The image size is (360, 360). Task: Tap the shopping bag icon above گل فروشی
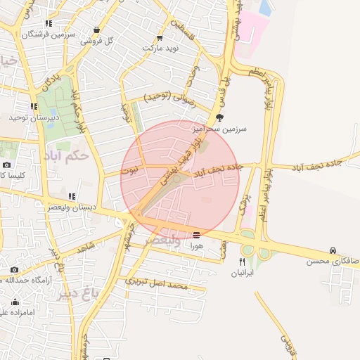click(96, 30)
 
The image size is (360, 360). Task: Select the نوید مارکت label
click(162, 48)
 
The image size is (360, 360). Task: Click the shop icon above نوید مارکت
click(160, 38)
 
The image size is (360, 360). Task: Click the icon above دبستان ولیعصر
click(72, 196)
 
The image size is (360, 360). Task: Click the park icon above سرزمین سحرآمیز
click(219, 118)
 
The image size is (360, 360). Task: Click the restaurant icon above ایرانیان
click(242, 262)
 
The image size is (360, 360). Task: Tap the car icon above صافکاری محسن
click(332, 250)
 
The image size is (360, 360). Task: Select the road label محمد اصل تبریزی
click(157, 283)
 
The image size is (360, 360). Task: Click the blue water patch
click(266, 8)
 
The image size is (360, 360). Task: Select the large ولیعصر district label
click(160, 240)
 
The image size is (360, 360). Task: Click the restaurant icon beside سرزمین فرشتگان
click(49, 23)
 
